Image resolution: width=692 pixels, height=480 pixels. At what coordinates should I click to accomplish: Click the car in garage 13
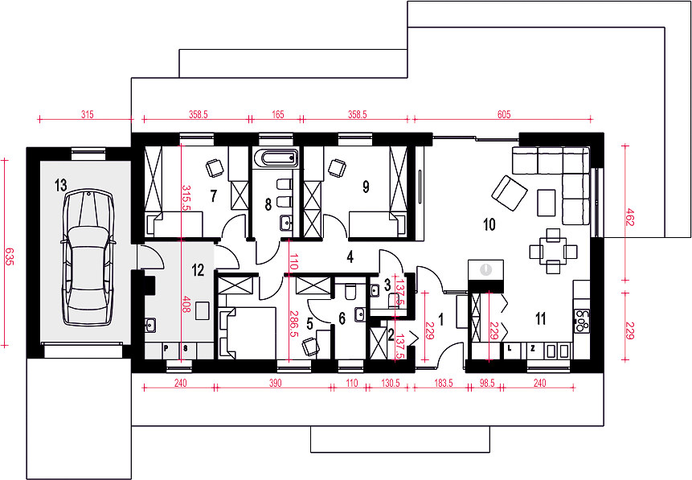point(88,258)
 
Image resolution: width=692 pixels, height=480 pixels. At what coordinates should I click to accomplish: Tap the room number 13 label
point(60,186)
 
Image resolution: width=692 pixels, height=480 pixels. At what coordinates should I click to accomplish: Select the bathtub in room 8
point(276,158)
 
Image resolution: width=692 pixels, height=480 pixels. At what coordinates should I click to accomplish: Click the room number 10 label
point(489,224)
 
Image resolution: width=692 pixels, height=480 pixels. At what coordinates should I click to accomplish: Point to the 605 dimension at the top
point(504,114)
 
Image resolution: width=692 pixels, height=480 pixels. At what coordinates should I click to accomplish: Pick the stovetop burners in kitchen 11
point(582,321)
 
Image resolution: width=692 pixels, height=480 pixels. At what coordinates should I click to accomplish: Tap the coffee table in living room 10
point(547,203)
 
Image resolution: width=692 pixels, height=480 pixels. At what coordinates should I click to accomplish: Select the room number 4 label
point(350,256)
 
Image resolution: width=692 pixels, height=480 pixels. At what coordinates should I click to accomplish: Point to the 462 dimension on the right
point(629,217)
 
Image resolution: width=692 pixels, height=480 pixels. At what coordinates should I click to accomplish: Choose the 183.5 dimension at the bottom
point(444,383)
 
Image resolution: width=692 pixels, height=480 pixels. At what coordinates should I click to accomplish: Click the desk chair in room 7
point(215,168)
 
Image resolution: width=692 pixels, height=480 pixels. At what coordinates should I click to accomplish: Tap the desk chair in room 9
point(337,168)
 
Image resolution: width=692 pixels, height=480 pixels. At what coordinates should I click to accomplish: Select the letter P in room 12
point(166,348)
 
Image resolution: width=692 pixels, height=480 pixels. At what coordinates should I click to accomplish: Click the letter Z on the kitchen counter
point(533,348)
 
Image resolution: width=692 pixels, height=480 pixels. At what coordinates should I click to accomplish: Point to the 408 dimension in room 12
point(186,304)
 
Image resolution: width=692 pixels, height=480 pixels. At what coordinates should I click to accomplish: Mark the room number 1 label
point(440,319)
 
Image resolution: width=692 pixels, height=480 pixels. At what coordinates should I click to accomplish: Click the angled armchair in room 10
point(510,193)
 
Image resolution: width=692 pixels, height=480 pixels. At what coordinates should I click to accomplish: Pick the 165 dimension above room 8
point(278,114)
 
